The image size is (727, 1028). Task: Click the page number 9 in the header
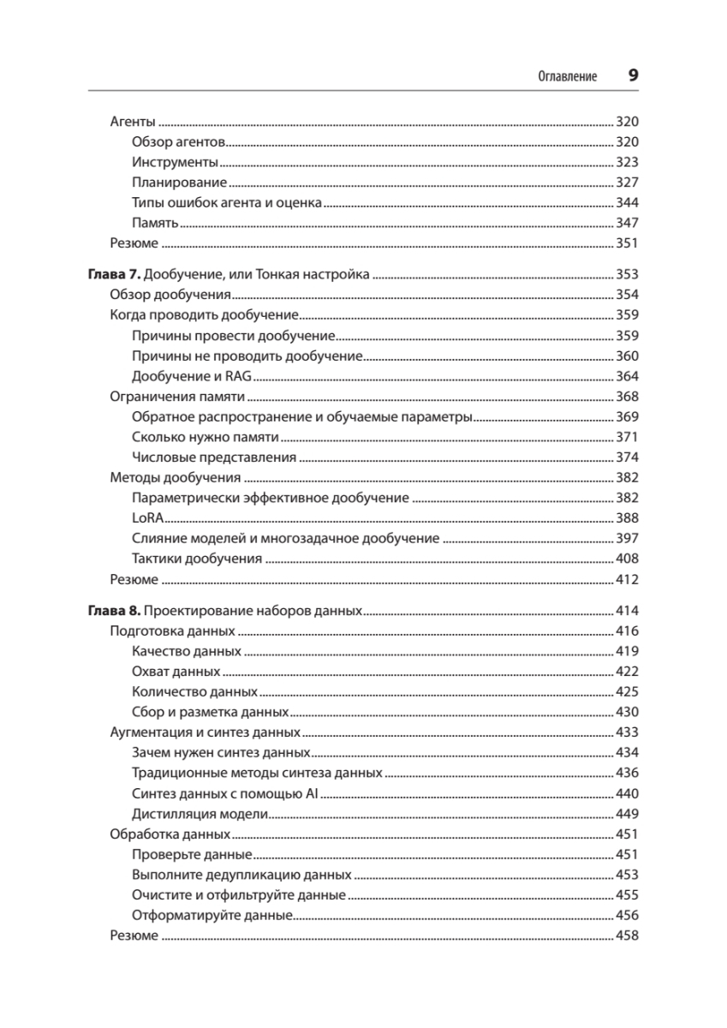pos(633,75)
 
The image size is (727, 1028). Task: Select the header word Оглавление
pos(567,76)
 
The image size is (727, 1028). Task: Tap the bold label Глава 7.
pos(113,275)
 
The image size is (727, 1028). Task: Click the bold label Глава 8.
pos(113,612)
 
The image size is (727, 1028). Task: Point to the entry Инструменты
pos(176,162)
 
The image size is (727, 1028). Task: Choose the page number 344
pos(628,203)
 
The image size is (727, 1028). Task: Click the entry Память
pos(155,223)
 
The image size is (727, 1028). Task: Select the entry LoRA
pos(148,518)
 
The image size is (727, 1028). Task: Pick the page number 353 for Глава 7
pos(628,275)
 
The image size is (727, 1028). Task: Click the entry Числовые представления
pos(214,457)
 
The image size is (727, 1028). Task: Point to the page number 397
pos(628,539)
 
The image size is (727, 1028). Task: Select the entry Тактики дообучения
pos(197,559)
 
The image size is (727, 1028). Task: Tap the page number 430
pos(628,712)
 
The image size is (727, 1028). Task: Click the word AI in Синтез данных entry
pos(312,793)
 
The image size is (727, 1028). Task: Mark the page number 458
pos(628,935)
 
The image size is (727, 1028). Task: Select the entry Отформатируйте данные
pos(213,915)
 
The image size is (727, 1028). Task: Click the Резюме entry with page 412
pos(134,580)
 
